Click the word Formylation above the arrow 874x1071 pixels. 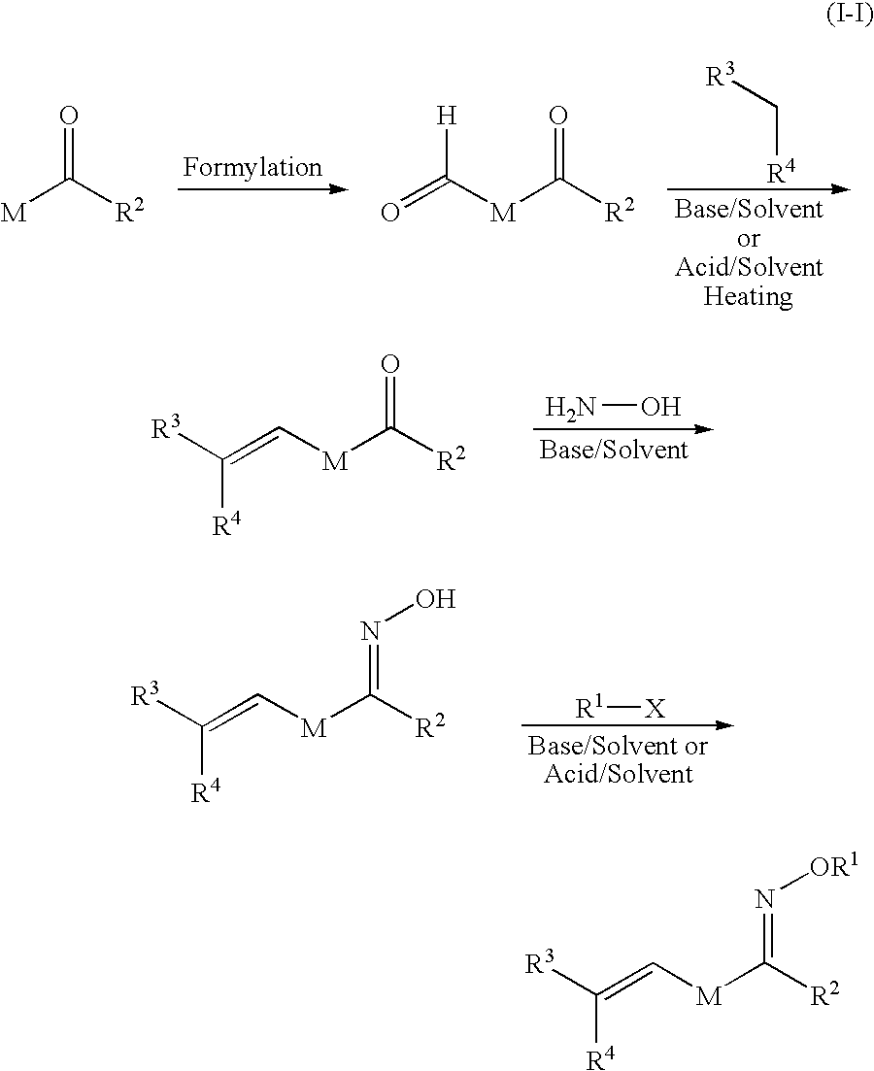point(252,167)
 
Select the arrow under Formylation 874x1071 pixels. point(262,188)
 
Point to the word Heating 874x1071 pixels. point(748,296)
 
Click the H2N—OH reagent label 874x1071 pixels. point(613,408)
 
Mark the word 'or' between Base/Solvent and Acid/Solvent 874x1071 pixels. point(749,238)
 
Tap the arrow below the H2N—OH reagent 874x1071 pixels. point(622,429)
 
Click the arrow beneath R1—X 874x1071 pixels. point(625,725)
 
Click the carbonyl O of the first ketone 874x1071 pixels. point(68,117)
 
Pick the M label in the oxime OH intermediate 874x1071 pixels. point(312,729)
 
